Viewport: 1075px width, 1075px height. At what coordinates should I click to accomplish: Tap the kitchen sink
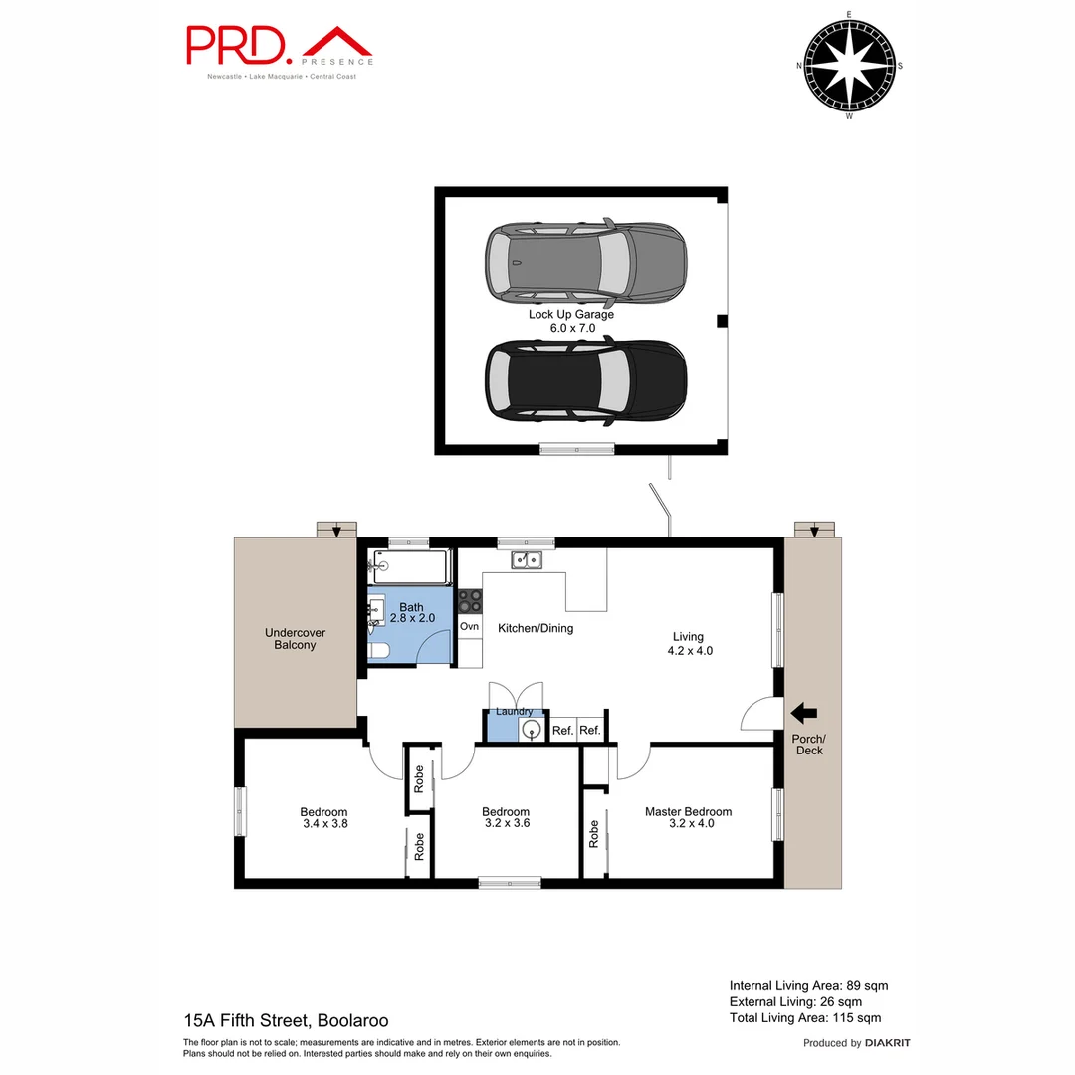pyautogui.click(x=526, y=560)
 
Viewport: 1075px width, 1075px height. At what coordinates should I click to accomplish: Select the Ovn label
pyautogui.click(x=470, y=626)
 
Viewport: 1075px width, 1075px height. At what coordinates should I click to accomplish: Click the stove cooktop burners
pyautogui.click(x=470, y=601)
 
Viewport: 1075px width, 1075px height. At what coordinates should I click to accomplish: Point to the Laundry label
pyautogui.click(x=514, y=711)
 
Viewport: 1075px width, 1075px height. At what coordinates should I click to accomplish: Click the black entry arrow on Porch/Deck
pyautogui.click(x=803, y=712)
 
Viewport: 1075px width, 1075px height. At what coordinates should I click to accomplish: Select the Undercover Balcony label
pyautogui.click(x=295, y=638)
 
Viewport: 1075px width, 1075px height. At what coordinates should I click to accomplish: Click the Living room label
pyautogui.click(x=688, y=636)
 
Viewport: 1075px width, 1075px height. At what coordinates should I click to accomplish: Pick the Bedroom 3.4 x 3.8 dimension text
pyautogui.click(x=324, y=823)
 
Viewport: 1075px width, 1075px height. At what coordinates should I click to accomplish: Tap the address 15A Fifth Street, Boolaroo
pyautogui.click(x=286, y=1020)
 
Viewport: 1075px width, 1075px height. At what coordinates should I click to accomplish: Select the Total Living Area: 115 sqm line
pyautogui.click(x=805, y=1017)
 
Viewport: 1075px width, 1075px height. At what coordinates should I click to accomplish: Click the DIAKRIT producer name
pyautogui.click(x=888, y=1043)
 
